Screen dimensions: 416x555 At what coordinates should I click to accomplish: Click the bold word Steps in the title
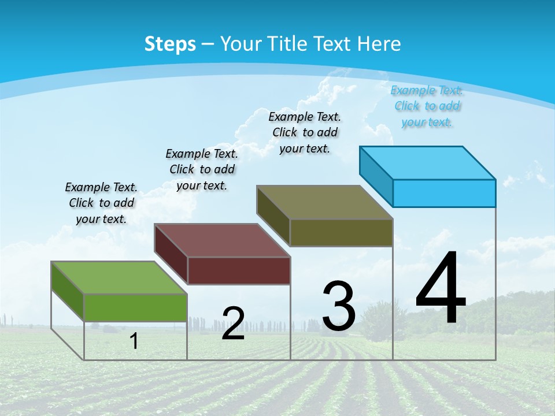pyautogui.click(x=170, y=44)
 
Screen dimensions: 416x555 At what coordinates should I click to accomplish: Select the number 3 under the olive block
pyautogui.click(x=338, y=306)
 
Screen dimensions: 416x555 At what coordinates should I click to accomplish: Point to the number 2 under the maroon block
pyautogui.click(x=233, y=324)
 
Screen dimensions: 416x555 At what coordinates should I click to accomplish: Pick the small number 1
pyautogui.click(x=134, y=341)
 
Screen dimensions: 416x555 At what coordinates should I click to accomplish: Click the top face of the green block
pyautogui.click(x=119, y=277)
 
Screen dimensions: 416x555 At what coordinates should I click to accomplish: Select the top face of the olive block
pyautogui.click(x=324, y=202)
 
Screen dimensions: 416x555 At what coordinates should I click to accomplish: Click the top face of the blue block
pyautogui.click(x=427, y=163)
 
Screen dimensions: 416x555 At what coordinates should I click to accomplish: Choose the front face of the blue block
pyautogui.click(x=444, y=193)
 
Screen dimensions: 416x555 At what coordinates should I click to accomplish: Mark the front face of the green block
pyautogui.click(x=135, y=307)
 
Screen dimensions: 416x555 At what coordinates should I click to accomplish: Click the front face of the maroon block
pyautogui.click(x=239, y=270)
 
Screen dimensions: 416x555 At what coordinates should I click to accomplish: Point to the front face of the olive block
pyautogui.click(x=341, y=232)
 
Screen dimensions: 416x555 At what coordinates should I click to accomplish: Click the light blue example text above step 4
pyautogui.click(x=427, y=106)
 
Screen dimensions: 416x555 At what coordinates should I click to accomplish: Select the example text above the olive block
pyautogui.click(x=305, y=132)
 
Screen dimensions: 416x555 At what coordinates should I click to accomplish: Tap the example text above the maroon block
pyautogui.click(x=202, y=169)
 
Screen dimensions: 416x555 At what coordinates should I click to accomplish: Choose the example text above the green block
pyautogui.click(x=101, y=203)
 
